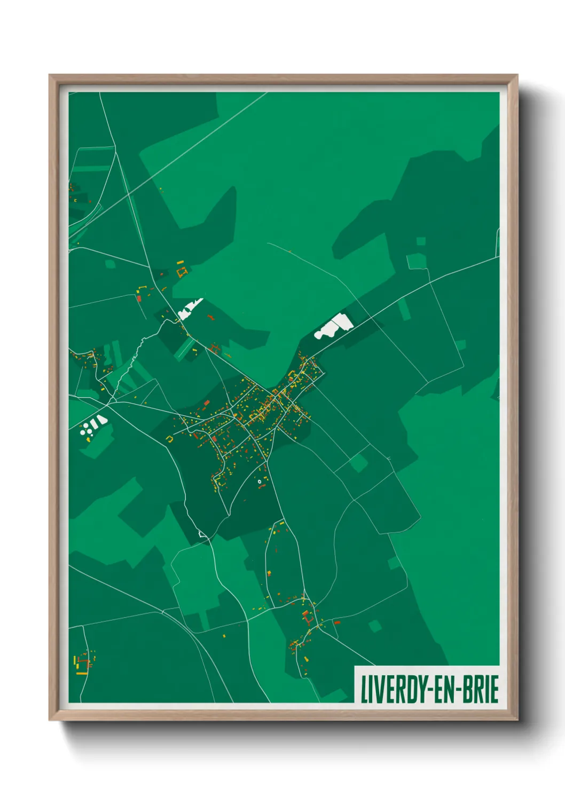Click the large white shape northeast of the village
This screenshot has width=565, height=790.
334,326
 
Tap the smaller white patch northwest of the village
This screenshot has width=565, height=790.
189,309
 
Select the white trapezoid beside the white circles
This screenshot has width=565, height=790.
101,420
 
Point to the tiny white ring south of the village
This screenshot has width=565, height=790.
260,481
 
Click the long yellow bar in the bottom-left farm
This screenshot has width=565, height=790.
82,673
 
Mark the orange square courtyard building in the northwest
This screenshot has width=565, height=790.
182,272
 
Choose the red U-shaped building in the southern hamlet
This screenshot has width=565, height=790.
308,618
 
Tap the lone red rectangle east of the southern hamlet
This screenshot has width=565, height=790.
337,622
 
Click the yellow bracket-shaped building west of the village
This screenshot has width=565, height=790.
170,439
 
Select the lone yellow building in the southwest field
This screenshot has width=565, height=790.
224,636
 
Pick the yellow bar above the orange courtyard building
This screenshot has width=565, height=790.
180,262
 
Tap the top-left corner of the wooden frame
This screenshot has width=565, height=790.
50,75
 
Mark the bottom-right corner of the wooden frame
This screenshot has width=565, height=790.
517,720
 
